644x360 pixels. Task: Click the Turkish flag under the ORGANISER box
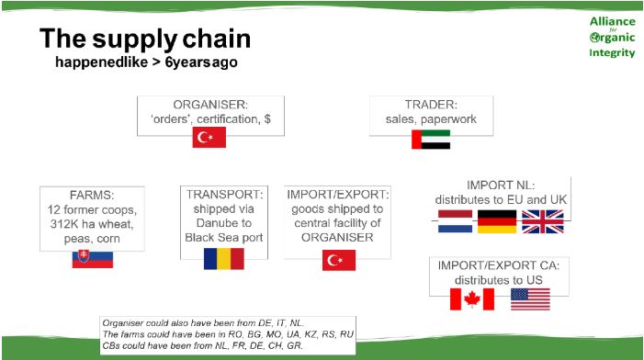(x=209, y=137)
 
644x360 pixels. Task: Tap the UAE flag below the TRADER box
(x=431, y=140)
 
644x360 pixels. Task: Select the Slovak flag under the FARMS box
(x=93, y=259)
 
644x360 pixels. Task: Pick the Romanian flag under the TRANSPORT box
(x=224, y=259)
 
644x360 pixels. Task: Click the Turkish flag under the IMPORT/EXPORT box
(x=339, y=260)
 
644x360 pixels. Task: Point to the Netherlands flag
(x=455, y=221)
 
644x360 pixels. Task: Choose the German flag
(x=497, y=221)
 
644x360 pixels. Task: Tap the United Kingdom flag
(x=543, y=221)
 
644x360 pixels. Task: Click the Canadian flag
(x=472, y=298)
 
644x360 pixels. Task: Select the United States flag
(x=530, y=299)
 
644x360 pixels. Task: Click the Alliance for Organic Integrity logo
(x=612, y=37)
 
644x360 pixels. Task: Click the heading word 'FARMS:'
(x=92, y=195)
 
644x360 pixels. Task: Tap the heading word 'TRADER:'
(x=431, y=105)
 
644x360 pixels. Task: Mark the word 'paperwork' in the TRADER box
(x=449, y=119)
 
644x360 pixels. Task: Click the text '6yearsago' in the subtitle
(x=201, y=62)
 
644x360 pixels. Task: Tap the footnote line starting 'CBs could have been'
(x=202, y=345)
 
